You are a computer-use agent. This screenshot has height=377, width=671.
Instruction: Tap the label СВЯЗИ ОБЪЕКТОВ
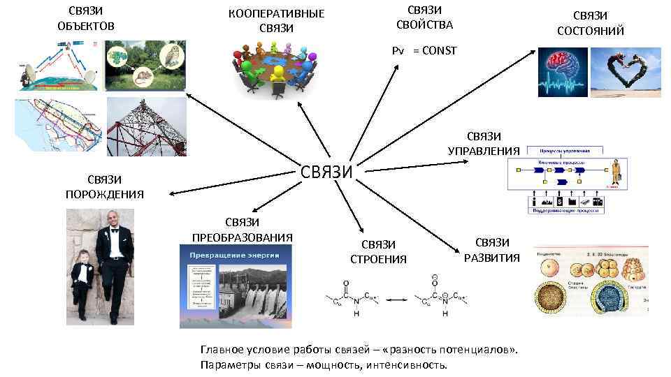click(86, 19)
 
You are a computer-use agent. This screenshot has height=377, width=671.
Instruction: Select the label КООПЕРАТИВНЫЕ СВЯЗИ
click(276, 21)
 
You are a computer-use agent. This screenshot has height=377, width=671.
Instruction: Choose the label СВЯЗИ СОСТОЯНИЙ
click(590, 23)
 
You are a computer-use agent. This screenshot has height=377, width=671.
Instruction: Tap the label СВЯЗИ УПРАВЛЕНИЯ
click(484, 143)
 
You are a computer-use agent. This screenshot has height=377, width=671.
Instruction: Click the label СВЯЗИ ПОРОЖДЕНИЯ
click(105, 187)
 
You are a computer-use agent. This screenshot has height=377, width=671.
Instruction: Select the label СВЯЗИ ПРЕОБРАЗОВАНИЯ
click(242, 229)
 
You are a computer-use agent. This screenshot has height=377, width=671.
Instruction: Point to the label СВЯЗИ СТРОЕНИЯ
click(378, 252)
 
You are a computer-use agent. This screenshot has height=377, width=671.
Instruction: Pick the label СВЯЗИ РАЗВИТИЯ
click(492, 250)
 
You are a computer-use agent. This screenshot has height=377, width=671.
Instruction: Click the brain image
click(563, 71)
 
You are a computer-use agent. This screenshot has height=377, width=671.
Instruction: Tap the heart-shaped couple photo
click(626, 71)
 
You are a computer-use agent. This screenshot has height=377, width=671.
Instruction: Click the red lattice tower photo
click(147, 125)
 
